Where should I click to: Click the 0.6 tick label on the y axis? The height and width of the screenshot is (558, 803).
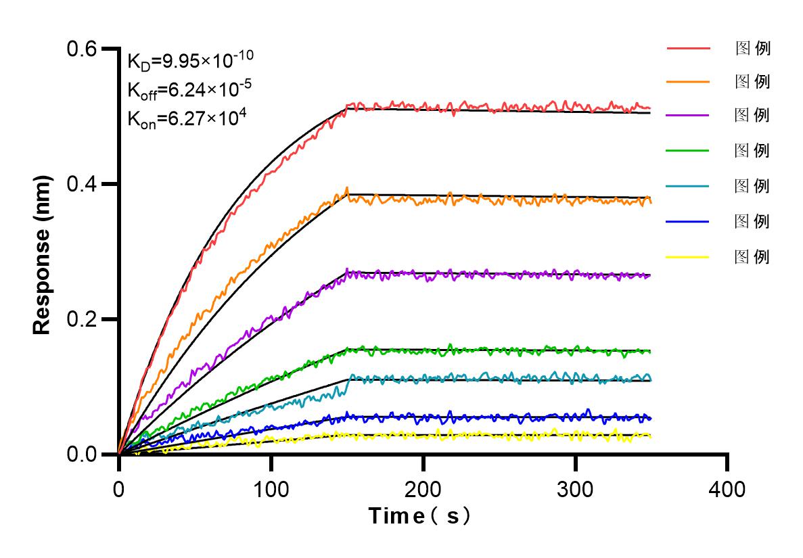pos(82,49)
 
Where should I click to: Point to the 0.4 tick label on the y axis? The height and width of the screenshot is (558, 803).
pos(82,184)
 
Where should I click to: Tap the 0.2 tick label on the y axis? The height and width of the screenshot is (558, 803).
pos(82,319)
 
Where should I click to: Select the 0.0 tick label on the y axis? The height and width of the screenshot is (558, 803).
pos(82,454)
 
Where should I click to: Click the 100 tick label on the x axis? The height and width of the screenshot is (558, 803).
pos(271,489)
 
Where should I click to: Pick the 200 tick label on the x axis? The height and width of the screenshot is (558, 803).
pos(423,489)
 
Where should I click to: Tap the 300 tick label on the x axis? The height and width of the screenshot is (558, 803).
pos(576,489)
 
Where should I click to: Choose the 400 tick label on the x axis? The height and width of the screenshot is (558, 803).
pos(727,489)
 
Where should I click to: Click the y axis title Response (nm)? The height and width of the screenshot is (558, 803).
pos(43,252)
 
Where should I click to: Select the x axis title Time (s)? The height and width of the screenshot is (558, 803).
pos(420,517)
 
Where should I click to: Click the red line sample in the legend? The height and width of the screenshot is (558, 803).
pos(688,49)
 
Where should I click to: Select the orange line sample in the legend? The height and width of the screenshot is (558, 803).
pos(688,82)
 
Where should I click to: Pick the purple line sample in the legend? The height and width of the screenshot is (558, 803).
pos(688,116)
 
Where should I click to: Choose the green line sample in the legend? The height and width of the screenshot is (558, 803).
pos(688,150)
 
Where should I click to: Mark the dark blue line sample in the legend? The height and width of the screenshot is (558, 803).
pos(688,221)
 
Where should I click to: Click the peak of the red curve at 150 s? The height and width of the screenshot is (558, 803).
pos(347,106)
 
